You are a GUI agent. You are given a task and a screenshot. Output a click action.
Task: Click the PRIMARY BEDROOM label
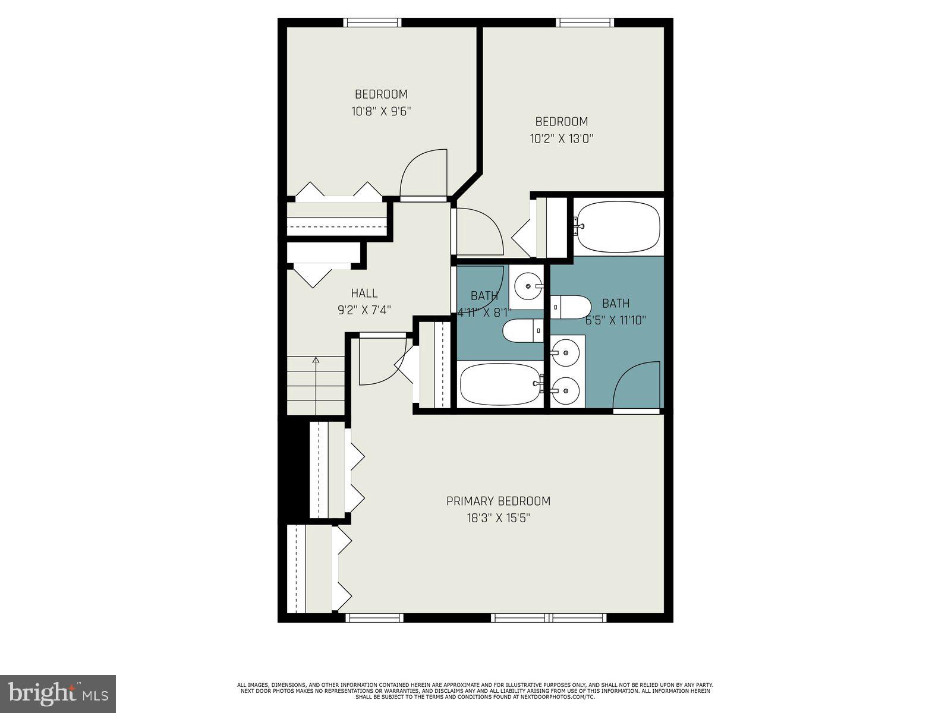click(498, 501)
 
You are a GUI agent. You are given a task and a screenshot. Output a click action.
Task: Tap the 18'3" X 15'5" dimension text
click(498, 518)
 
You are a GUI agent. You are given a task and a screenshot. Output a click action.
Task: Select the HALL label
click(364, 293)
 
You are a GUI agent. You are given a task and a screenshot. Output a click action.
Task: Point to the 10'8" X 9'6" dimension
click(381, 111)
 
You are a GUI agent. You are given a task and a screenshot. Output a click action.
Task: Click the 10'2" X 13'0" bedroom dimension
click(562, 139)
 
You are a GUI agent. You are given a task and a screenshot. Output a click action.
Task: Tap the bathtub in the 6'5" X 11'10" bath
click(618, 226)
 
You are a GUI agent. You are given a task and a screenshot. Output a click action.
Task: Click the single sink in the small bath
click(527, 287)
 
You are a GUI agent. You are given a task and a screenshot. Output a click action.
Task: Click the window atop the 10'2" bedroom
click(584, 23)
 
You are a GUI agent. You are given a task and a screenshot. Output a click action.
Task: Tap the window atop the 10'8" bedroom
click(373, 23)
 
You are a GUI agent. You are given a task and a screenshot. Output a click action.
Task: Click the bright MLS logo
click(58, 693)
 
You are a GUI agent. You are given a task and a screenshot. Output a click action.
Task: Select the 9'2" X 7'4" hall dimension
click(364, 310)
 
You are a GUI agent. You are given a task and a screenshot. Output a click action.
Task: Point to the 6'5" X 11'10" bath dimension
click(616, 320)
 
